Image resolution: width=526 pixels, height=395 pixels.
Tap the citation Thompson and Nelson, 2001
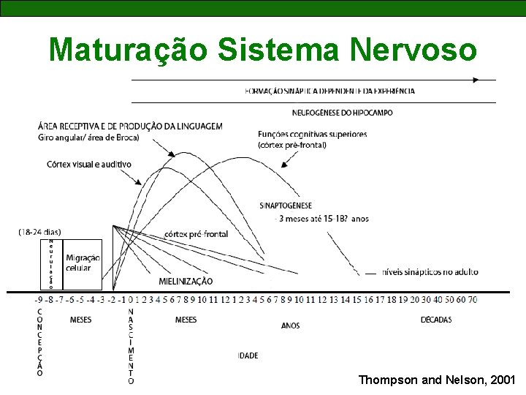(437, 380)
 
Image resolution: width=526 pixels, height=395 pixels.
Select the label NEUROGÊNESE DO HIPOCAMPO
(342, 113)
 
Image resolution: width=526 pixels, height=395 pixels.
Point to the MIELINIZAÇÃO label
(186, 281)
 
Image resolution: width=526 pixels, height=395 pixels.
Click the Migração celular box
(83, 263)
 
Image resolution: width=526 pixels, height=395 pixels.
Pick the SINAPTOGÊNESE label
(286, 206)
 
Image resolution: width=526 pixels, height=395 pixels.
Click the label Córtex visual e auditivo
(88, 165)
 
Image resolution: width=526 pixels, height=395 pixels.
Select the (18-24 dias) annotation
(40, 232)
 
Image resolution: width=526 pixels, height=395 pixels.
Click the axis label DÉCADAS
(436, 320)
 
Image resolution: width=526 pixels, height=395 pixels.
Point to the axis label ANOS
(290, 326)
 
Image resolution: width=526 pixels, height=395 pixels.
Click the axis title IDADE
(248, 355)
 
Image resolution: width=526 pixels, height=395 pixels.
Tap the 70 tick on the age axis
(473, 299)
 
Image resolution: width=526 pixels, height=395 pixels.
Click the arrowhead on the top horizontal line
(476, 79)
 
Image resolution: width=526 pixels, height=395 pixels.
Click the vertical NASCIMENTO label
(131, 346)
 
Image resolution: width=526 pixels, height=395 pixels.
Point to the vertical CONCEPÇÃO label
(39, 342)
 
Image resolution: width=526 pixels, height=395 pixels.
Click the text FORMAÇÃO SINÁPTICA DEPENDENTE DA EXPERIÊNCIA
(330, 91)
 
